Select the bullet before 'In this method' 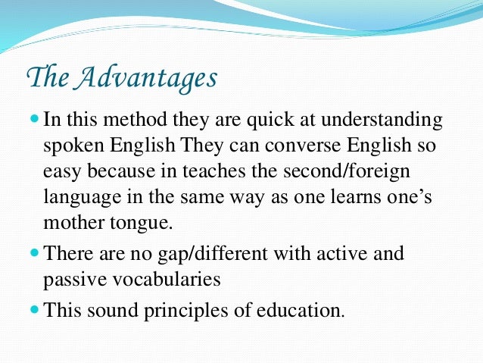pos(35,120)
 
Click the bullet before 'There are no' pos(35,253)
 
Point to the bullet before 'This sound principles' pos(35,309)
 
